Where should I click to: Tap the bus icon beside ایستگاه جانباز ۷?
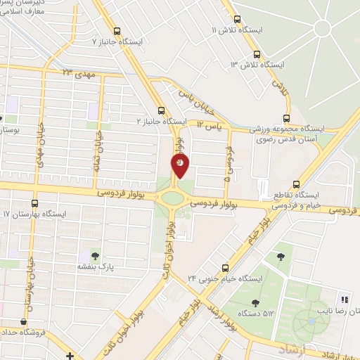click(117, 30)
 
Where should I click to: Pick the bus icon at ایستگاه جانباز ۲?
click(162, 110)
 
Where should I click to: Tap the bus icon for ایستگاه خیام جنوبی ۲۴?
click(225, 267)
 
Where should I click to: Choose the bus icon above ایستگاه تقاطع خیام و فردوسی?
click(296, 179)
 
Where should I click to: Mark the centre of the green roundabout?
click(172, 198)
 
